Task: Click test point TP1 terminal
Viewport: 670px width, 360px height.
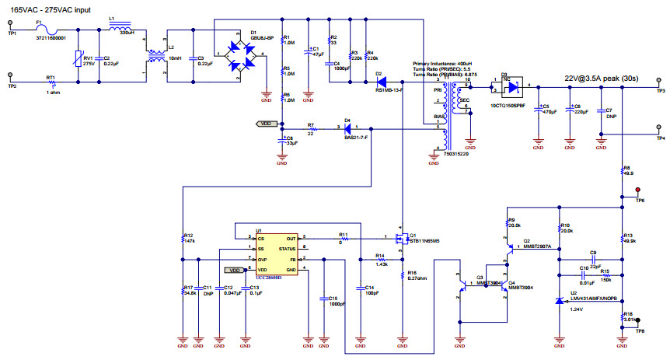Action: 10,29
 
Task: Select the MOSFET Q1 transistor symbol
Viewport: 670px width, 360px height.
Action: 399,237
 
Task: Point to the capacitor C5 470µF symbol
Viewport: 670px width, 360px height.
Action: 538,110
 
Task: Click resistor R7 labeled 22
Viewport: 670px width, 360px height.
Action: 310,128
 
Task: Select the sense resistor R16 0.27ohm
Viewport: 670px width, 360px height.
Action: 402,274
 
